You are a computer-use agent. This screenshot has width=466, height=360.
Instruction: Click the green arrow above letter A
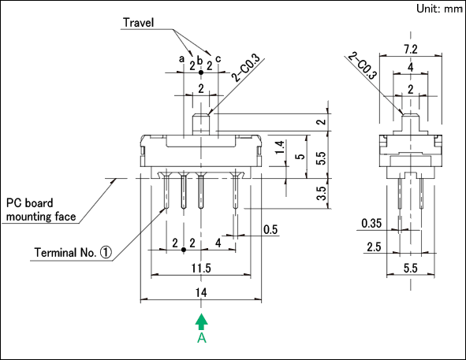pyautogui.click(x=202, y=321)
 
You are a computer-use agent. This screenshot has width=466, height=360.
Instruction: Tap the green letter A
pyautogui.click(x=202, y=338)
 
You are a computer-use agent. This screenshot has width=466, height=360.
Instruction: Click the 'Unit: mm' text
pyautogui.click(x=439, y=9)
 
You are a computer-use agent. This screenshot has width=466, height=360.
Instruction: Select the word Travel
pyautogui.click(x=139, y=23)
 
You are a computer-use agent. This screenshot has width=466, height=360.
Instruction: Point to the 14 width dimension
pyautogui.click(x=201, y=292)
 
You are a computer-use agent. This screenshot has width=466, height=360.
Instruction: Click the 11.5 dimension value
pyautogui.click(x=201, y=268)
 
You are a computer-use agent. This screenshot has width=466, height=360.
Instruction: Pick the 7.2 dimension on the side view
pyautogui.click(x=411, y=50)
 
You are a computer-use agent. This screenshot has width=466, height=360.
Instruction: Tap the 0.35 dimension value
pyautogui.click(x=371, y=223)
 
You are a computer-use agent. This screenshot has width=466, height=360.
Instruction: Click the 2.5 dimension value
pyautogui.click(x=374, y=247)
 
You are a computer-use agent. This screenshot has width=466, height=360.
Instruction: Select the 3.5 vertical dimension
pyautogui.click(x=322, y=193)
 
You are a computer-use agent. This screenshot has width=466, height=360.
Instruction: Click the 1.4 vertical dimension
pyautogui.click(x=279, y=147)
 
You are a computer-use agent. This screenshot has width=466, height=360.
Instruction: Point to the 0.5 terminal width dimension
pyautogui.click(x=270, y=229)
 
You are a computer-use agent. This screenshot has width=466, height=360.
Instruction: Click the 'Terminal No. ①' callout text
pyautogui.click(x=73, y=253)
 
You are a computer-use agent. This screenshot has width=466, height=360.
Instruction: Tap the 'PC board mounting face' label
pyautogui.click(x=41, y=210)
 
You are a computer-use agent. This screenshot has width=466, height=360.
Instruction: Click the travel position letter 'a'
pyautogui.click(x=181, y=59)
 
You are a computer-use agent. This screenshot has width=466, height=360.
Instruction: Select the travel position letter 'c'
pyautogui.click(x=218, y=59)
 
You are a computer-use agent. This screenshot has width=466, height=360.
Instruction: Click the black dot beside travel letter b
pyautogui.click(x=201, y=72)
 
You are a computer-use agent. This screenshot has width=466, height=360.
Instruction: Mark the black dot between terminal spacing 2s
pyautogui.click(x=184, y=250)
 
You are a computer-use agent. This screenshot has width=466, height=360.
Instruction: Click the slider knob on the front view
pyautogui.click(x=201, y=124)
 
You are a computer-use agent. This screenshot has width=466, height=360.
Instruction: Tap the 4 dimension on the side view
pyautogui.click(x=411, y=68)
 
